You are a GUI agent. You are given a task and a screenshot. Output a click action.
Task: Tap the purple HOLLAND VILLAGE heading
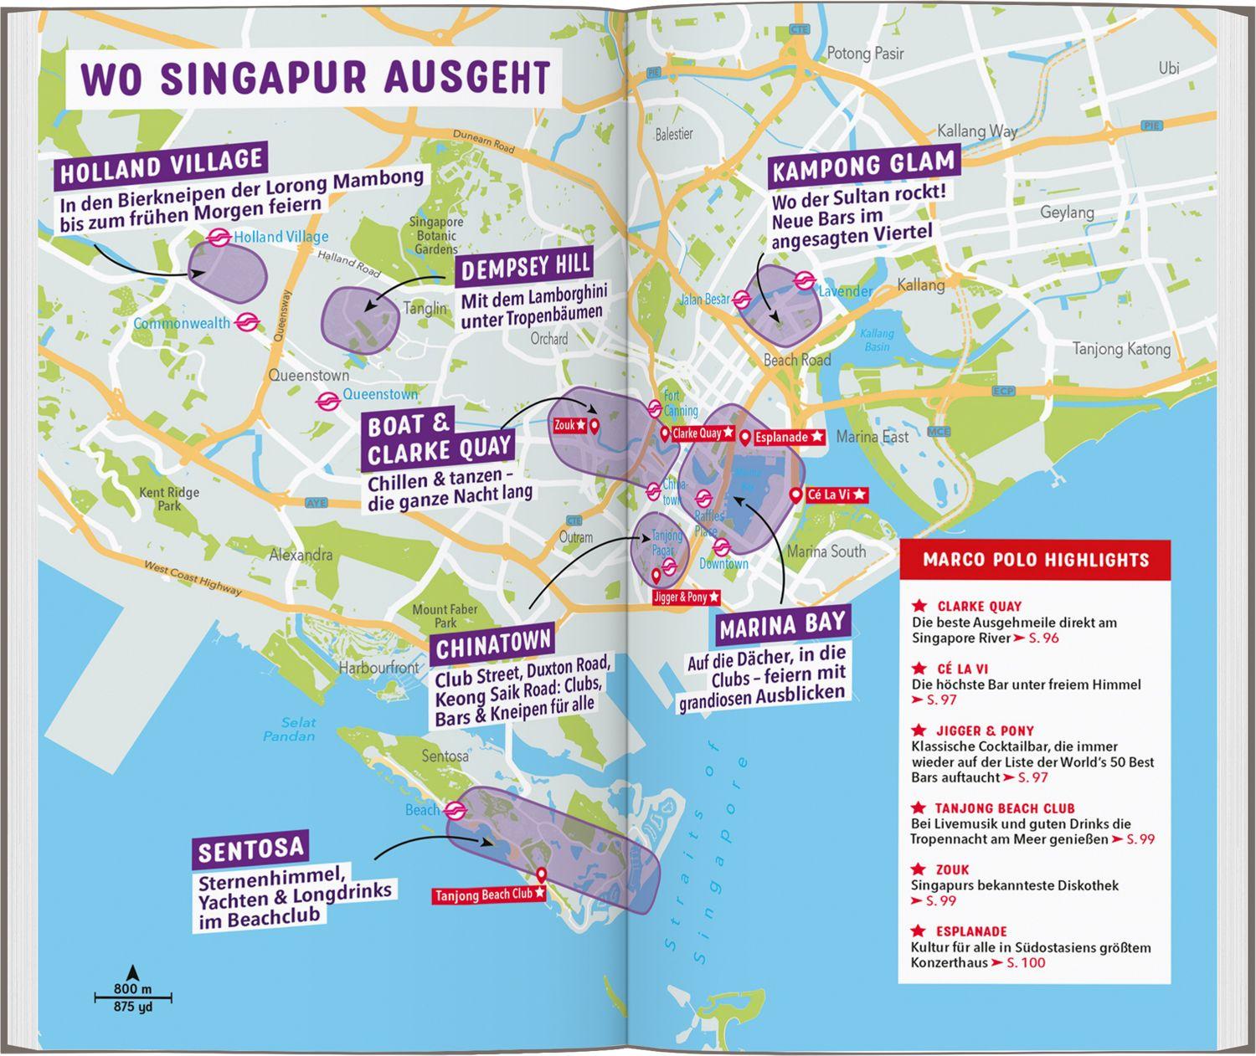pyautogui.click(x=162, y=166)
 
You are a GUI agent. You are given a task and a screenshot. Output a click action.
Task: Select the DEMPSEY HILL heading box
pyautogui.click(x=526, y=268)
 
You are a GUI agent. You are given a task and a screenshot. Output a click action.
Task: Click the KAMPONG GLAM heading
pyautogui.click(x=862, y=166)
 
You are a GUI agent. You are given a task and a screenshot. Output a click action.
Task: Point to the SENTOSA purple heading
pyautogui.click(x=250, y=851)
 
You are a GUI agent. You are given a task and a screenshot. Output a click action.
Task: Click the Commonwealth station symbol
pyautogui.click(x=245, y=322)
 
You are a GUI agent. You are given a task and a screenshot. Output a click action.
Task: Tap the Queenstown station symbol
pyautogui.click(x=327, y=401)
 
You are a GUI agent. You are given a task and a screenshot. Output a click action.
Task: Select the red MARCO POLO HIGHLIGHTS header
pyautogui.click(x=1035, y=560)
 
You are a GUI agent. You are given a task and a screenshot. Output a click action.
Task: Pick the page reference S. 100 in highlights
pyautogui.click(x=1026, y=963)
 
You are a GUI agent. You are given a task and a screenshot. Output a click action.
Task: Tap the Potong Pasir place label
pyautogui.click(x=865, y=54)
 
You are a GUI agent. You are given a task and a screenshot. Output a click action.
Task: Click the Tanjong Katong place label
pyautogui.click(x=1121, y=348)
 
